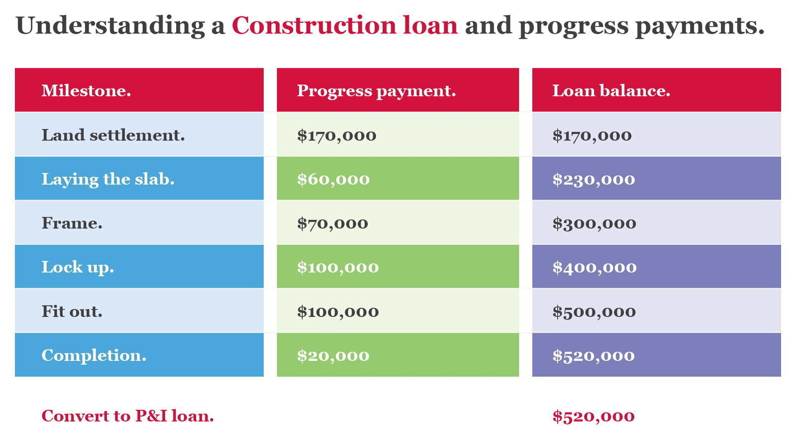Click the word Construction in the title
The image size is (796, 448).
pyautogui.click(x=314, y=25)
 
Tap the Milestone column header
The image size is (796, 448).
pyautogui.click(x=87, y=90)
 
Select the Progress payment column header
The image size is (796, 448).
pyautogui.click(x=376, y=91)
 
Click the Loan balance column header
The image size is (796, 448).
pyautogui.click(x=611, y=90)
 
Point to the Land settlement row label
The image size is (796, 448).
pyautogui.click(x=113, y=135)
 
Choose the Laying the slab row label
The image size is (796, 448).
pyautogui.click(x=108, y=179)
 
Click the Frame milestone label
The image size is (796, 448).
pyautogui.click(x=72, y=224)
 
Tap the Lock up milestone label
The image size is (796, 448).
pyautogui.click(x=78, y=267)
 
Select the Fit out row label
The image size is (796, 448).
pyautogui.click(x=72, y=312)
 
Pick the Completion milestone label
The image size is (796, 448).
pyautogui.click(x=94, y=355)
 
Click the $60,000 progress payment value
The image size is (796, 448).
pyautogui.click(x=333, y=179)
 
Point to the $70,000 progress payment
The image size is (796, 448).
pyautogui.click(x=333, y=224)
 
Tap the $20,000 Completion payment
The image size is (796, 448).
pyautogui.click(x=333, y=355)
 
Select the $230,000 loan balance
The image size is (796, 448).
pyautogui.click(x=594, y=179)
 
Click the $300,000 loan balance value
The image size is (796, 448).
pyautogui.click(x=594, y=224)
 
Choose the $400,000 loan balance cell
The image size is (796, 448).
pyautogui.click(x=595, y=267)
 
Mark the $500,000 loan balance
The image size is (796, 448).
pyautogui.click(x=594, y=312)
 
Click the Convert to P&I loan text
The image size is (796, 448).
pyautogui.click(x=127, y=416)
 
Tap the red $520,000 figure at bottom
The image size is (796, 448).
pyautogui.click(x=594, y=416)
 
